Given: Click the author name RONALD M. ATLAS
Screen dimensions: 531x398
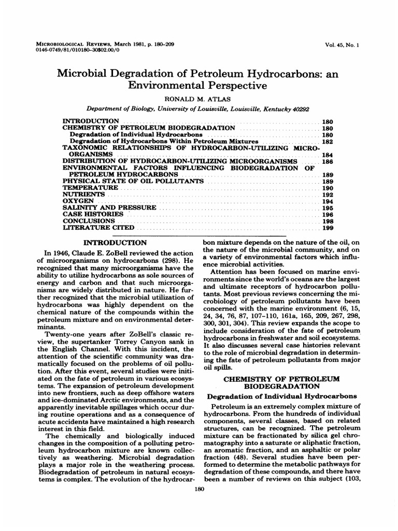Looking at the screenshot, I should point(198,97).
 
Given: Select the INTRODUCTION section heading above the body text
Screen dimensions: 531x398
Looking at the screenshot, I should point(115,242).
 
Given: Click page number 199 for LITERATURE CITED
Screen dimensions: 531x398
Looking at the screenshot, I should point(328,227).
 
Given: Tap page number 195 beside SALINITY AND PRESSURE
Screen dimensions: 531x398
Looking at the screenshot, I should point(328,207).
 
